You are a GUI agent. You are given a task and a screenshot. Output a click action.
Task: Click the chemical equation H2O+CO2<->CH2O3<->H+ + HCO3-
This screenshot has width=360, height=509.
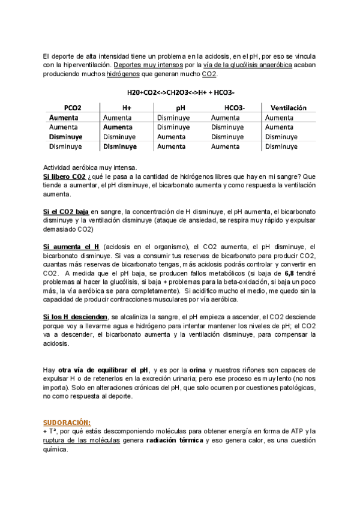pyautogui.click(x=181, y=92)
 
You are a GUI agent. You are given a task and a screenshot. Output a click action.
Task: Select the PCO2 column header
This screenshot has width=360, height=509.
pyautogui.click(x=73, y=107)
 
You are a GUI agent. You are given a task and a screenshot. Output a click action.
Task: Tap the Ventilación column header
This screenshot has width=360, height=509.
pyautogui.click(x=289, y=107)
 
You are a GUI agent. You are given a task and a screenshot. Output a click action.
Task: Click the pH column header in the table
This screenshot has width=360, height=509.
pyautogui.click(x=180, y=107)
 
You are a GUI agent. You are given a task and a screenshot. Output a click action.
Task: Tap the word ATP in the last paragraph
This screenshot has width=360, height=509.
pyautogui.click(x=292, y=432)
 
